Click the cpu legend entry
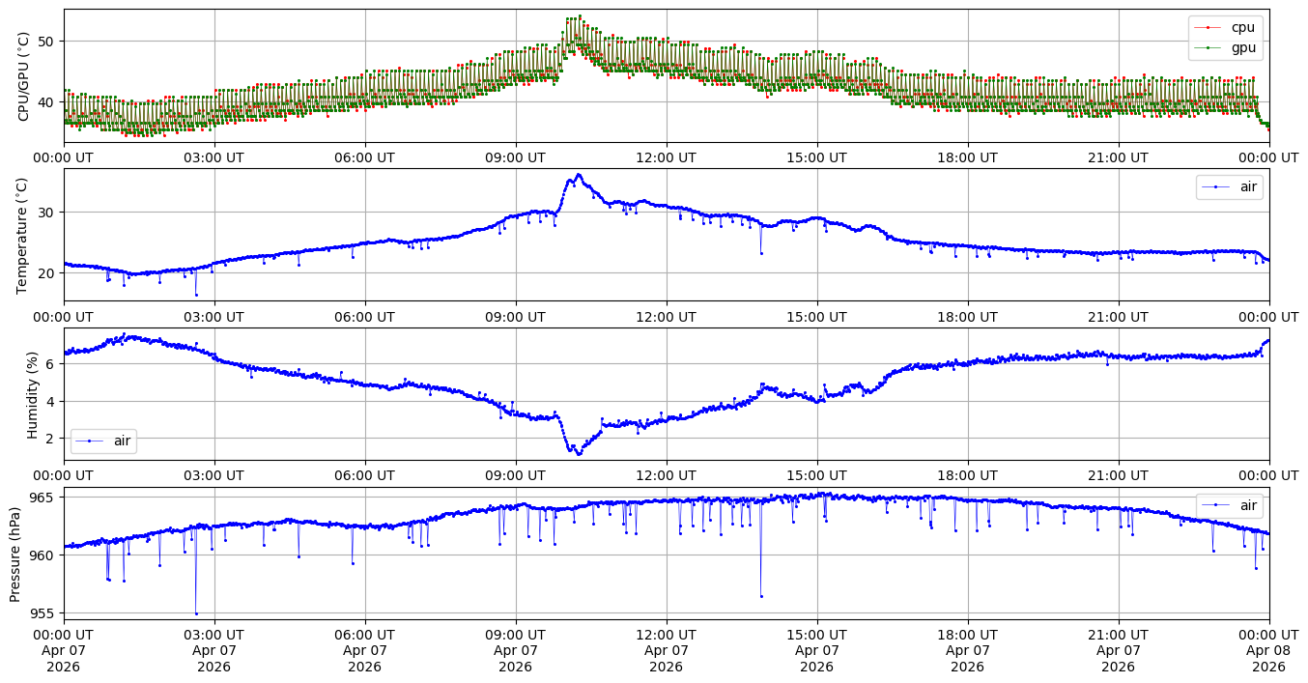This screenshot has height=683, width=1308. tap(1226, 27)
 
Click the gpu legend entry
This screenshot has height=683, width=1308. tap(1226, 48)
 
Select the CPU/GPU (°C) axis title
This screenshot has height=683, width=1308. tap(23, 76)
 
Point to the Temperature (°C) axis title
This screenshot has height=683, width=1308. tap(21, 236)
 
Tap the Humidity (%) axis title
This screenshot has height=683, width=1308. tap(32, 395)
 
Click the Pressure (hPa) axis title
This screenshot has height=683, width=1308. tap(14, 554)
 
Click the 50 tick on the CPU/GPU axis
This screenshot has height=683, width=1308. tap(46, 42)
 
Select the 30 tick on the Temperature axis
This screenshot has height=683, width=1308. tap(46, 213)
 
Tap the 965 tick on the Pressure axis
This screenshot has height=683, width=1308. tap(43, 498)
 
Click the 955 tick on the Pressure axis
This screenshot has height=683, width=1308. tap(43, 613)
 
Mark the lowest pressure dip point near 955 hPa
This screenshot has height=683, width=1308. tap(196, 614)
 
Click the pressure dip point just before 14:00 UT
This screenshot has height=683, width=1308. tap(761, 597)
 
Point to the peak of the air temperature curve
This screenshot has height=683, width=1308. tap(579, 175)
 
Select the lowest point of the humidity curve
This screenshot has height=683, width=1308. tap(579, 454)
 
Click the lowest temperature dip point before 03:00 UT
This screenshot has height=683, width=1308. tap(196, 296)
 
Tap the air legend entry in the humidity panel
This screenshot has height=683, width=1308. tap(104, 441)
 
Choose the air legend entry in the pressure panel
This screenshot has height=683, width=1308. tap(1229, 505)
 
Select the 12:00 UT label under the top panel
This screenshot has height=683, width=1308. tap(667, 157)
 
